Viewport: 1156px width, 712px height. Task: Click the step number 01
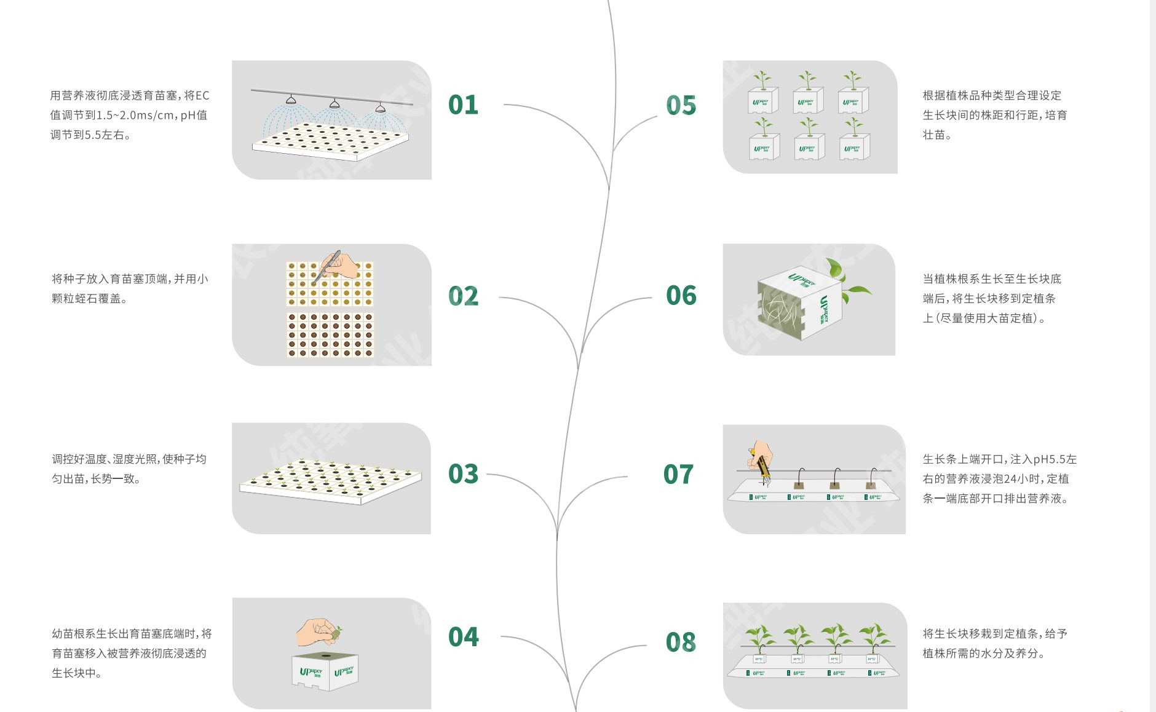tap(463, 105)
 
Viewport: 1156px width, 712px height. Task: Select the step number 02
tap(463, 296)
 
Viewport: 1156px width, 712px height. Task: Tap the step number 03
tap(463, 474)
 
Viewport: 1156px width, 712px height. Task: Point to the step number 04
tap(463, 637)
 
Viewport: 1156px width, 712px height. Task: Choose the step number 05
tap(681, 105)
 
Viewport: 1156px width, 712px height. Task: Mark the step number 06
tap(681, 296)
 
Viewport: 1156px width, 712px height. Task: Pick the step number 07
tap(678, 475)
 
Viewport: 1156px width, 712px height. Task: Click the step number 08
tap(681, 643)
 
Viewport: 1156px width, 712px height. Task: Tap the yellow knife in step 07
tap(761, 462)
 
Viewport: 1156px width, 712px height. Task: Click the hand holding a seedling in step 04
tap(319, 631)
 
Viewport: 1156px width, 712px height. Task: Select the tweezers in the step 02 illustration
tap(326, 267)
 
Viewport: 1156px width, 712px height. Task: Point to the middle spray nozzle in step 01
tap(335, 103)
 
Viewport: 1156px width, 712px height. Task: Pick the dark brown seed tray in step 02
tap(330, 335)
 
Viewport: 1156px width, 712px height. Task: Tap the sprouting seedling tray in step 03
tap(331, 481)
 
